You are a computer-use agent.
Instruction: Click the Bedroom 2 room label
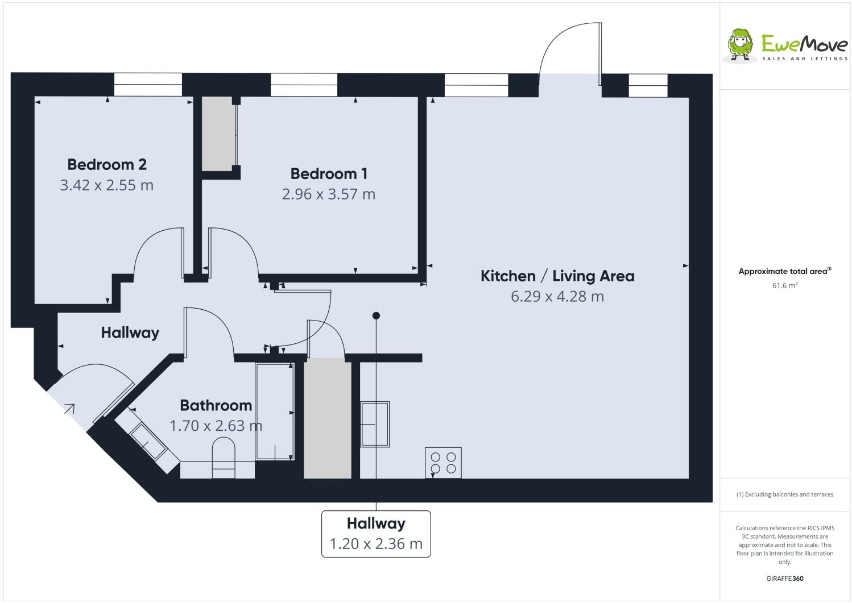[x=107, y=164]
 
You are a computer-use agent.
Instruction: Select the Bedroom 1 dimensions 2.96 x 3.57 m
[x=328, y=194]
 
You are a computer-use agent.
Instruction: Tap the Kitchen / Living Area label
[x=557, y=276]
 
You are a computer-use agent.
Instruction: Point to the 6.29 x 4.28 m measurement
[x=557, y=296]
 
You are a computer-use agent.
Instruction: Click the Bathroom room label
[x=216, y=405]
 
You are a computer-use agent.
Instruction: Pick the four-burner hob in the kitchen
[x=443, y=463]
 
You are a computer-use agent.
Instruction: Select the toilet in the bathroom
[x=224, y=457]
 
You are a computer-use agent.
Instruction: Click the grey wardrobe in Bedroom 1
[x=218, y=133]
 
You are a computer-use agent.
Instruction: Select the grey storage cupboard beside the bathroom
[x=327, y=418]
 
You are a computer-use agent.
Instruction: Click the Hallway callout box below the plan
[x=376, y=534]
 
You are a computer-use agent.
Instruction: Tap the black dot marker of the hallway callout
[x=376, y=315]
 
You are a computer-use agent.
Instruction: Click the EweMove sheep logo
[x=741, y=45]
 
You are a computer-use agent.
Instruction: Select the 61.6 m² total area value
[x=784, y=285]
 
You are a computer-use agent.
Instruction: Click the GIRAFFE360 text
[x=784, y=579]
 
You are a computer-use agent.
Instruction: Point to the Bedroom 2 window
[x=148, y=85]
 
